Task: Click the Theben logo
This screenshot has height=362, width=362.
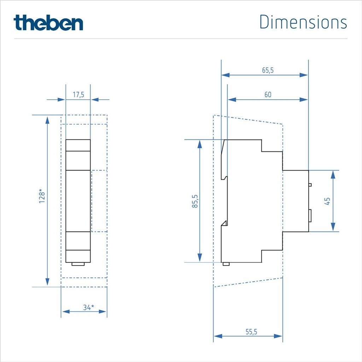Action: click(48, 23)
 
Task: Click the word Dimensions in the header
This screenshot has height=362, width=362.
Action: click(303, 22)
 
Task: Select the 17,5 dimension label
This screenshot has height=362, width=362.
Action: click(78, 95)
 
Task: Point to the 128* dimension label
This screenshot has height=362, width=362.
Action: click(42, 196)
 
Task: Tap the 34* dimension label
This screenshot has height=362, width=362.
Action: click(89, 307)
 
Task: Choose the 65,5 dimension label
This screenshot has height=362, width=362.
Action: click(268, 70)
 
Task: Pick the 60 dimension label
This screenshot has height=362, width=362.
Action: click(268, 95)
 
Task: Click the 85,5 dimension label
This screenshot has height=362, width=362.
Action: click(195, 201)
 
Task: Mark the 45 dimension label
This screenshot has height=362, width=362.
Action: click(327, 201)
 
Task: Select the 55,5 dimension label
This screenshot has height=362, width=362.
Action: click(251, 332)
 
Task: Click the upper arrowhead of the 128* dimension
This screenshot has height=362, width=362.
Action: click(47, 121)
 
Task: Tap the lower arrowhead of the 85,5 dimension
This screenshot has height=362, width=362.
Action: click(200, 257)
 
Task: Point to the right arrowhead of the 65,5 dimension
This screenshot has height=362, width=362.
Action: click(304, 75)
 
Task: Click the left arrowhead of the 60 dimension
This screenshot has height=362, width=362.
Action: click(232, 99)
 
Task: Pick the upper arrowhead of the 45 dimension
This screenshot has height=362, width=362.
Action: click(333, 175)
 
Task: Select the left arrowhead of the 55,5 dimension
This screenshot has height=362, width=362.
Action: click(218, 336)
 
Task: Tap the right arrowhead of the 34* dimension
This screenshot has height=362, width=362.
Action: click(103, 311)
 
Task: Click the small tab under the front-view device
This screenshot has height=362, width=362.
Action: click(78, 264)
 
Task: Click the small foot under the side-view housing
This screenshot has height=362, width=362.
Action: click(226, 264)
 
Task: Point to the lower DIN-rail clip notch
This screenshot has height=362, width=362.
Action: click(224, 223)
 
